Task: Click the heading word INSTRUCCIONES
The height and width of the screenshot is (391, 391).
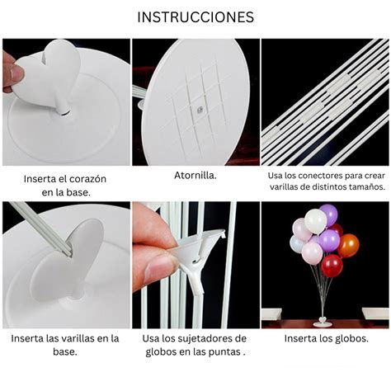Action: pos(195,17)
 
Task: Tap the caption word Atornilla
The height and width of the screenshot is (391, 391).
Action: pos(195,176)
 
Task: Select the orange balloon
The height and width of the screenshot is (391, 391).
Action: pos(349,245)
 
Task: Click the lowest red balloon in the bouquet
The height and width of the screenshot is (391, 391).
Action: pos(332,265)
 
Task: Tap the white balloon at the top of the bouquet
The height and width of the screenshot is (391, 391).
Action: pos(315,220)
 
